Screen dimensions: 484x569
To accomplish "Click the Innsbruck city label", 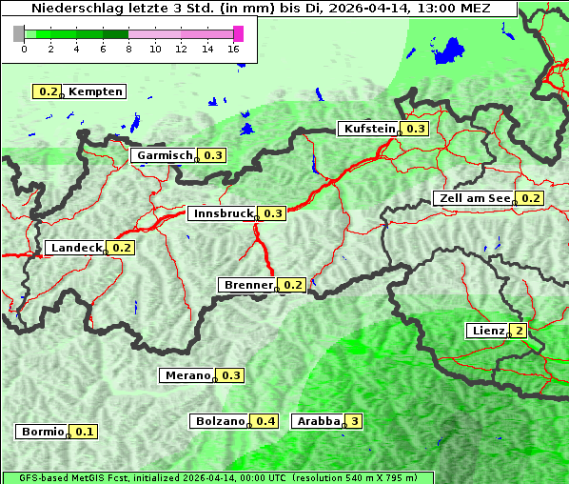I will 223,213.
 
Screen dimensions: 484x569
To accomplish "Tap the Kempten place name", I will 95,91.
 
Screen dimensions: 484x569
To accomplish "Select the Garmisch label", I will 165,155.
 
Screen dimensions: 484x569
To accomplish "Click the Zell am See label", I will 474,198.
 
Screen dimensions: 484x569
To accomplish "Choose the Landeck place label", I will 76,248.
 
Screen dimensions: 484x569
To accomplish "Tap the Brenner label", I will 247,285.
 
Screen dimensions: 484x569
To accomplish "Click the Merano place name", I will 186,375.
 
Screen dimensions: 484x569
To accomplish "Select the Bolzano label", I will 221,421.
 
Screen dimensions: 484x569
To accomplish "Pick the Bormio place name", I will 42,432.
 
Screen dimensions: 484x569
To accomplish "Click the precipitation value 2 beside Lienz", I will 518,331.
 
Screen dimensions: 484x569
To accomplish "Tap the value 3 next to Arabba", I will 355,421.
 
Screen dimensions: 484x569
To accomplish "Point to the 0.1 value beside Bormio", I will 85,432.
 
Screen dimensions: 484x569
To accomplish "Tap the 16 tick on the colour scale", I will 233,49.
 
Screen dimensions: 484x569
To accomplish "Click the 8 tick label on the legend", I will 128,49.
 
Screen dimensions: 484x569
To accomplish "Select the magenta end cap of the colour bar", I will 238,33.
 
